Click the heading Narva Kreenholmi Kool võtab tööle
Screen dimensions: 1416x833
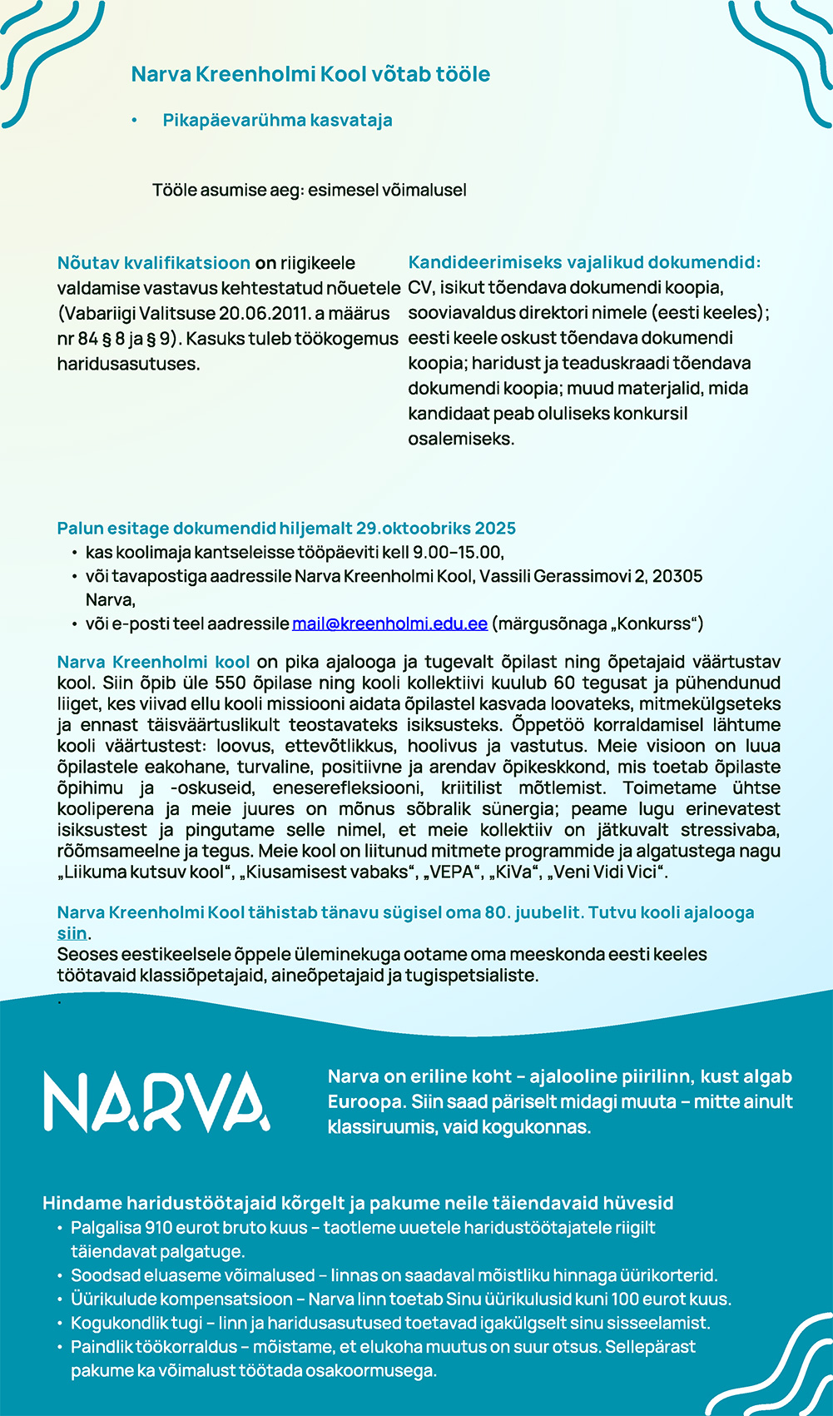point(310,74)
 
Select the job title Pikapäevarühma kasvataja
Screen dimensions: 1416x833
point(277,120)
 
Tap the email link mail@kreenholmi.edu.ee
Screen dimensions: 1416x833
point(389,624)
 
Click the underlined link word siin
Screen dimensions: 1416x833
point(72,933)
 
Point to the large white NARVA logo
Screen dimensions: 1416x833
point(156,1101)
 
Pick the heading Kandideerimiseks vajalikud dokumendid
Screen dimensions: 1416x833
point(584,262)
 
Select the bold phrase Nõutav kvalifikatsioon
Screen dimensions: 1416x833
point(153,263)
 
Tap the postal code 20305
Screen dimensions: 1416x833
point(677,576)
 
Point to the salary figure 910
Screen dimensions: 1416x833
point(158,1228)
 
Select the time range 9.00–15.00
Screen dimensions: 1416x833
point(458,552)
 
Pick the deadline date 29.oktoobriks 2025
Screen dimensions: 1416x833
point(436,529)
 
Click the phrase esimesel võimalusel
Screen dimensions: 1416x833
point(387,190)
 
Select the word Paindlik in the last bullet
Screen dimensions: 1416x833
point(100,1347)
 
